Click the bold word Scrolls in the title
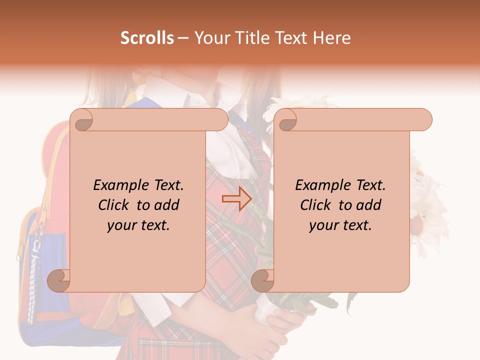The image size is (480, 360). [147, 37]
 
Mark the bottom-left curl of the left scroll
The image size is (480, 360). [58, 280]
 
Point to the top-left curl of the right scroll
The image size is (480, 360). [286, 120]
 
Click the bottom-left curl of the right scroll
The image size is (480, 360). [262, 280]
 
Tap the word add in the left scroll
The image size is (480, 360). [167, 205]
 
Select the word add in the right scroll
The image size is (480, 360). [369, 205]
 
